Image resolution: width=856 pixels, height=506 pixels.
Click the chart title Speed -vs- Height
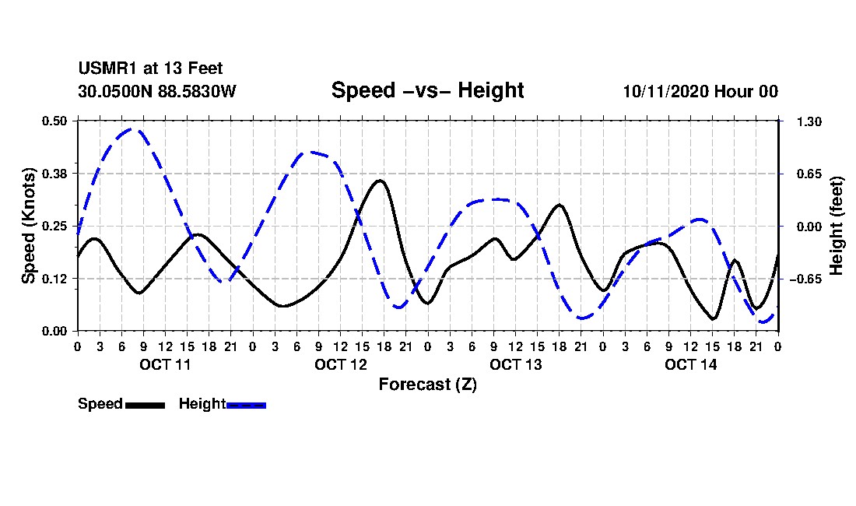coord(427,90)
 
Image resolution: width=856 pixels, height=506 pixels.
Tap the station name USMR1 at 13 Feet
coord(150,69)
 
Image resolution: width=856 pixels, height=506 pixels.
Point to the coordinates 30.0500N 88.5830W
coord(156,91)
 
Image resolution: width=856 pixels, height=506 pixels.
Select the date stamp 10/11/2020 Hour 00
coord(700,91)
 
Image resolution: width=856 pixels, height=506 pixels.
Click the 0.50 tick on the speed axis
coord(56,121)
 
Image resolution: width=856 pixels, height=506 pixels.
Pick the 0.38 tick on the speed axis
coord(56,173)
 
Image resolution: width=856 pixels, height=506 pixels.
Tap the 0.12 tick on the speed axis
coord(56,279)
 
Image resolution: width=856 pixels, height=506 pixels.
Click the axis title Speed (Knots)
coord(29,225)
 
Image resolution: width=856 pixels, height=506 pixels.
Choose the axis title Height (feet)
coord(837,226)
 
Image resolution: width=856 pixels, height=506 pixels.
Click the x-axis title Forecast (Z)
coord(427,385)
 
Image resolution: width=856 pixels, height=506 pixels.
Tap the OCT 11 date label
coord(164,364)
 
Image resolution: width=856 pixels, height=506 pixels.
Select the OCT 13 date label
coord(515,364)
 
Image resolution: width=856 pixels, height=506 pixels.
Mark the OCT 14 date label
coord(690,364)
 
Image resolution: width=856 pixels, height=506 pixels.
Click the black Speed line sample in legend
coord(145,405)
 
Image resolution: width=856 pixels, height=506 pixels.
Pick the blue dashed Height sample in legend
coord(246,405)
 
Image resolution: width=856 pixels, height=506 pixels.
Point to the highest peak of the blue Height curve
coord(132,129)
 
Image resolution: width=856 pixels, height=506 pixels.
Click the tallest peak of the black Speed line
coord(380,181)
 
